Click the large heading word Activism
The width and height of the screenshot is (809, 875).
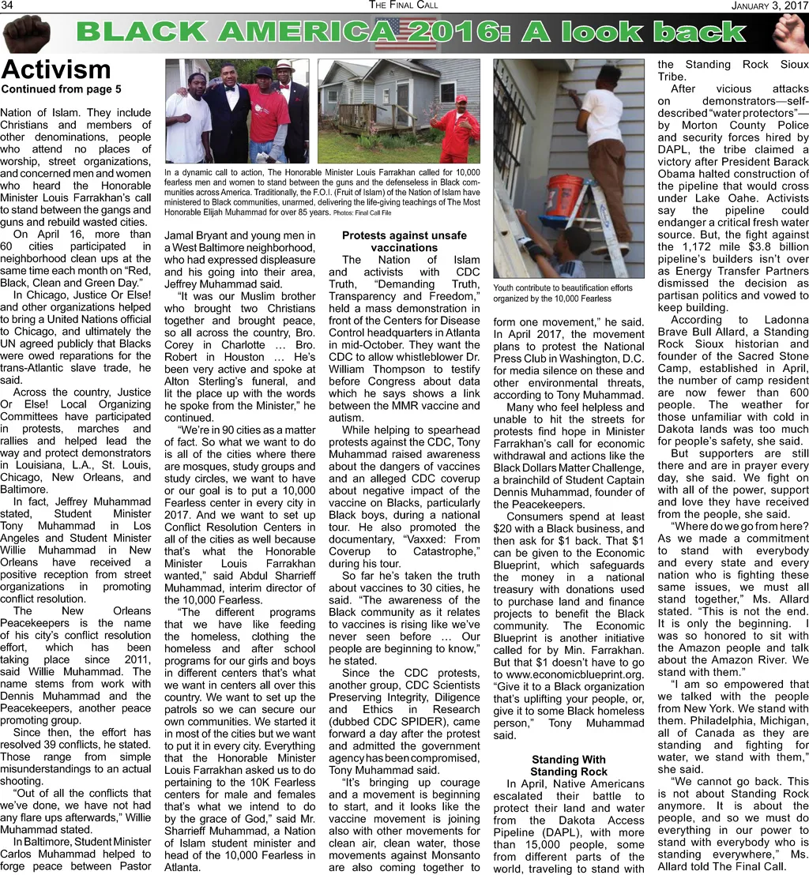(56, 69)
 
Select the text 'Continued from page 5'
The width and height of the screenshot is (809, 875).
(61, 88)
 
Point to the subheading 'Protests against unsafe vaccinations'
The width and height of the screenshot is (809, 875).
(404, 242)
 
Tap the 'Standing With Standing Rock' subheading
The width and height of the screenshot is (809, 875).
(568, 766)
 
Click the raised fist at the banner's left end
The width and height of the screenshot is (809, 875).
(27, 33)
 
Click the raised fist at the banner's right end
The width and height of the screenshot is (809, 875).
(789, 32)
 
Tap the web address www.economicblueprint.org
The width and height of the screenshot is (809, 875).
(568, 674)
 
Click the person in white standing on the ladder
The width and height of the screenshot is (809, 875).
(604, 150)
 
